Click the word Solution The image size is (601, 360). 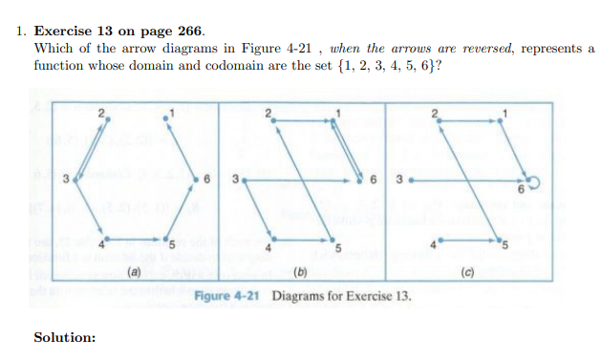[x=65, y=337]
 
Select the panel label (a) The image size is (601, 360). [x=136, y=273]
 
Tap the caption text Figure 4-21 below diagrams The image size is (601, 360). [x=229, y=296]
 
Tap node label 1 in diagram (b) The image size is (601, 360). [x=337, y=113]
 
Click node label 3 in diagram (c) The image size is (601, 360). [x=397, y=178]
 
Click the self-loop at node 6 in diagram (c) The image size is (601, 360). [x=532, y=182]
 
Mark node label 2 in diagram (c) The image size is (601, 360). [x=434, y=113]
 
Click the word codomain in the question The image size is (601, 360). [x=225, y=66]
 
